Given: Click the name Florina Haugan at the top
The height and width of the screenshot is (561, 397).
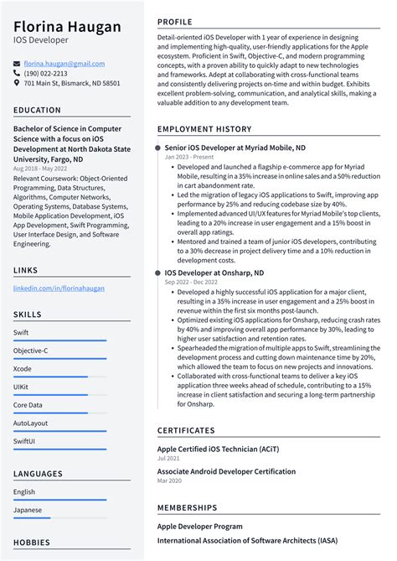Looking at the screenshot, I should click(x=67, y=26).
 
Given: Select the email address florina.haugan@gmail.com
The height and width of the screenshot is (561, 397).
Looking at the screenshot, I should click(x=64, y=64).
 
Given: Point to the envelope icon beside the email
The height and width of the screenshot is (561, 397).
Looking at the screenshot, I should click(x=17, y=64).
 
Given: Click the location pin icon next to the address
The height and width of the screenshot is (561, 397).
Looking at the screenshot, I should click(x=17, y=84).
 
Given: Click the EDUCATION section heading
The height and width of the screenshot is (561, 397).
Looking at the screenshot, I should click(x=37, y=110).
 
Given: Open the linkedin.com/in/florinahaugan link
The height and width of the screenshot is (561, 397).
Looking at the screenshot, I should click(x=59, y=288).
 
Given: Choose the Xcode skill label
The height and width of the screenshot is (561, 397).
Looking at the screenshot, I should click(x=23, y=368).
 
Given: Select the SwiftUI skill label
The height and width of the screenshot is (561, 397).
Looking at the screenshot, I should click(x=25, y=441).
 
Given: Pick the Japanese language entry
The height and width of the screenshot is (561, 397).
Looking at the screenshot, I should click(x=28, y=510).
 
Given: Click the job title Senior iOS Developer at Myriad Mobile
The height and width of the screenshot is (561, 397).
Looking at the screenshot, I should click(x=223, y=148).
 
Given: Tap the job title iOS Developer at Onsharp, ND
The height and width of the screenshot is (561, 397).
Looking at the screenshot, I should click(x=214, y=273).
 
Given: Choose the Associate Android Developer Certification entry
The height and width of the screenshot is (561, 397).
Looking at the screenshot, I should click(x=226, y=471).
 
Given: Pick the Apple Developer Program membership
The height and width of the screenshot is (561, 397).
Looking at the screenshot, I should click(x=199, y=527).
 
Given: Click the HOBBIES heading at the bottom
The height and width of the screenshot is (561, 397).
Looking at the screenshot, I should click(x=32, y=543).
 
